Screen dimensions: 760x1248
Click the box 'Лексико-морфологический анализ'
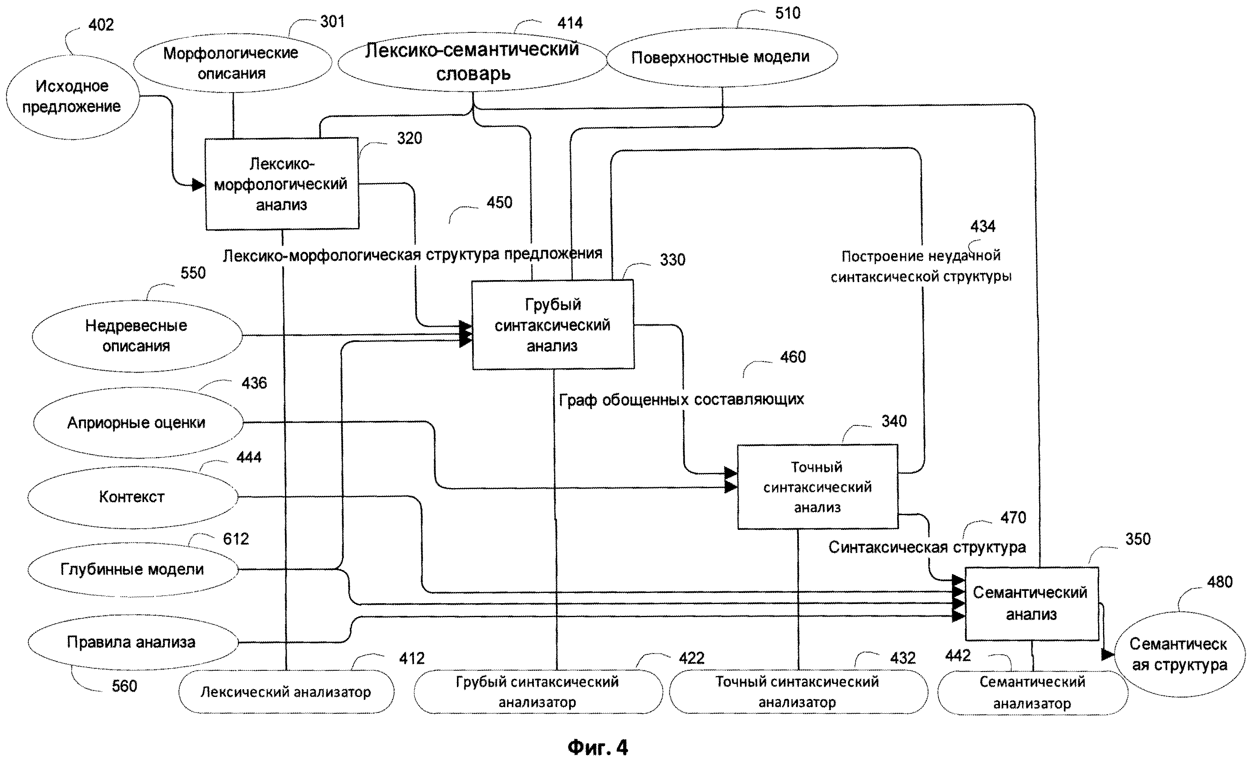282,184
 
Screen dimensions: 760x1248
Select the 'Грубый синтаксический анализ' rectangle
553,325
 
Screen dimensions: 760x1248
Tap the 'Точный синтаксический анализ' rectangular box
817,487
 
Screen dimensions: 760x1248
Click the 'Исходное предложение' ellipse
72,97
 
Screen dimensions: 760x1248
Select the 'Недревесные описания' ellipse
136,335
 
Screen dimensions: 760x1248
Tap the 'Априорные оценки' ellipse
137,423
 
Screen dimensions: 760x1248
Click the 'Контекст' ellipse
132,497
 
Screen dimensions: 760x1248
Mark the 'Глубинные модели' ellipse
132,570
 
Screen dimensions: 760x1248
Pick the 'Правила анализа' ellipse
132,642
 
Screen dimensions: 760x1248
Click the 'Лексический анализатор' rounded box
286,692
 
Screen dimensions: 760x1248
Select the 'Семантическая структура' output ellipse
1179,654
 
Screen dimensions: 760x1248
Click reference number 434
983,226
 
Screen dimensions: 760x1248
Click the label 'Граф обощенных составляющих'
681,400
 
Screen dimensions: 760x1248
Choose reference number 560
124,686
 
